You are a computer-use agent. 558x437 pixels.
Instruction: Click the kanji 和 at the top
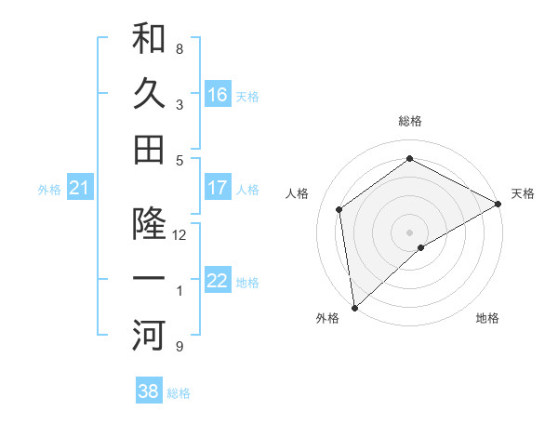pos(150,39)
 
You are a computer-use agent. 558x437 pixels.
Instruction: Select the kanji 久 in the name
pos(150,94)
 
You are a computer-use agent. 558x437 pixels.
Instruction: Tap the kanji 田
pos(150,149)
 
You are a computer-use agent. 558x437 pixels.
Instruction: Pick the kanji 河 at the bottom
pos(150,336)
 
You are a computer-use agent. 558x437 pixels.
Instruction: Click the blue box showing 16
pos(218,94)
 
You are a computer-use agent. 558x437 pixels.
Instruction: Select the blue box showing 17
pos(218,187)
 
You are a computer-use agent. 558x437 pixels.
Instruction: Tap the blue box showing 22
pos(218,281)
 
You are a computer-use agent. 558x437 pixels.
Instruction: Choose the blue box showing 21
pos(79,189)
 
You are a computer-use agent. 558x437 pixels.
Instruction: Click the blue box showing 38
pos(149,391)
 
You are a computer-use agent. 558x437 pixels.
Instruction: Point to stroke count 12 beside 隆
pos(179,236)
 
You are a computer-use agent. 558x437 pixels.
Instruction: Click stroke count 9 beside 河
pos(179,347)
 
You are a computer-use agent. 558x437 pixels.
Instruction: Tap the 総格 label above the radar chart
pos(409,121)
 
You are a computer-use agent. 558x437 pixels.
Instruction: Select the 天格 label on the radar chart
pos(523,193)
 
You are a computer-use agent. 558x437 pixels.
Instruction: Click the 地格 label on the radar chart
pos(487,318)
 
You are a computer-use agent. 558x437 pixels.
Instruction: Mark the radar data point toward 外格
pos(353,307)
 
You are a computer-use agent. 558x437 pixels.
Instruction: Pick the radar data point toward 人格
pos(339,209)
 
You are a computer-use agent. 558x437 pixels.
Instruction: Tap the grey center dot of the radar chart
pos(409,232)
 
